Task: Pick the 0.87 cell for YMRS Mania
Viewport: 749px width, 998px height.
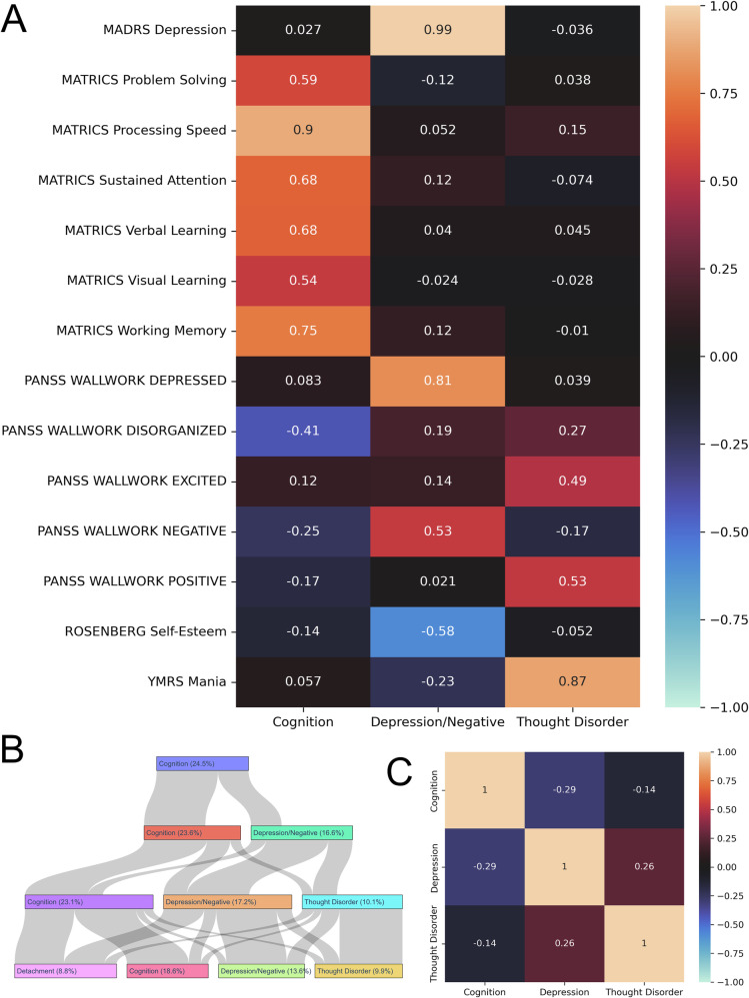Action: (570, 682)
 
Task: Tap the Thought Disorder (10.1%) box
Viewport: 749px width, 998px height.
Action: (352, 902)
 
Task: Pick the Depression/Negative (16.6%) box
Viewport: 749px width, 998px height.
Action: (303, 832)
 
